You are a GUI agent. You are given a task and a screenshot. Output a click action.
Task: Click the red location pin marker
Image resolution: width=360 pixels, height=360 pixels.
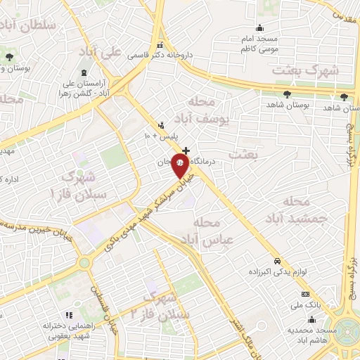[x=180, y=167]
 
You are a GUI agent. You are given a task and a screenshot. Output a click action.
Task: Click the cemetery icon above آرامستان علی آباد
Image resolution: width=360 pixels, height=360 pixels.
[x=84, y=74]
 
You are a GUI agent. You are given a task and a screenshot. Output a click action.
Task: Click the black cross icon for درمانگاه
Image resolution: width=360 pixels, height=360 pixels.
[x=186, y=150]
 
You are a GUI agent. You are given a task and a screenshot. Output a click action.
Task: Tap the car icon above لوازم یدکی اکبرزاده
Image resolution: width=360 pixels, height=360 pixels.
[x=278, y=259]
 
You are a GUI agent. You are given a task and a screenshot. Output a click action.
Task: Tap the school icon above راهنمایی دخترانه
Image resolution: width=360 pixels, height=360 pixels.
[x=68, y=315]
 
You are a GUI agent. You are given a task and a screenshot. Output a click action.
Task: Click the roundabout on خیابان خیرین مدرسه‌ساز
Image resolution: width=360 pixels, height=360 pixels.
[x=84, y=263]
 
